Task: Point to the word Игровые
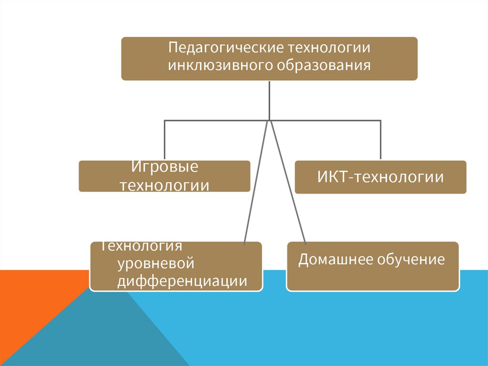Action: [164, 167]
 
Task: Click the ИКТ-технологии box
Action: [380, 177]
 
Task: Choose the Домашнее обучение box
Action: [372, 266]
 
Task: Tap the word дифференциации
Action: [182, 281]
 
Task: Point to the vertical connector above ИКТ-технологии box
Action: [380, 139]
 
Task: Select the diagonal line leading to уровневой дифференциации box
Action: [256, 181]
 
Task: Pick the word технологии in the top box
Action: [329, 48]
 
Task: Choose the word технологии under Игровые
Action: [164, 185]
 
